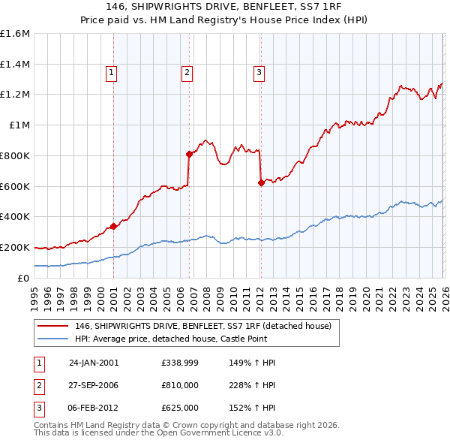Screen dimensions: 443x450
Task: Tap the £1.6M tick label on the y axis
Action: (15, 34)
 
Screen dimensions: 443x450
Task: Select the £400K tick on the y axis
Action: (15, 217)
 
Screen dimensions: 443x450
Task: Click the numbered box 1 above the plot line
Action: (111, 73)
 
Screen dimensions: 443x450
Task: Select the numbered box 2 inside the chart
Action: (186, 73)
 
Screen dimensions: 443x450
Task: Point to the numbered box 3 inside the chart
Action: (259, 73)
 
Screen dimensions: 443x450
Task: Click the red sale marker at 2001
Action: (113, 225)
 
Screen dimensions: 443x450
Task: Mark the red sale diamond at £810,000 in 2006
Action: (189, 154)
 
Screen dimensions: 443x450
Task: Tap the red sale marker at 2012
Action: (260, 182)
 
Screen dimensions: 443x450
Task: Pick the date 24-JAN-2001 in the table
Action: (94, 363)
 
